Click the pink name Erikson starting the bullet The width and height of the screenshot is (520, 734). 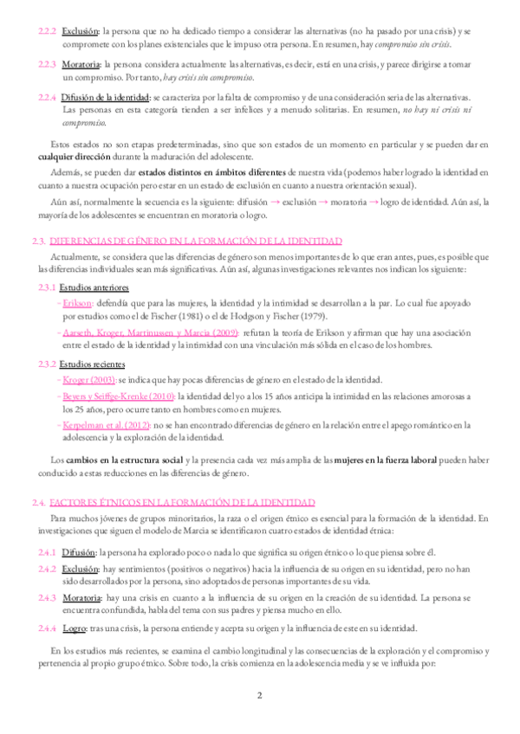coord(78,303)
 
